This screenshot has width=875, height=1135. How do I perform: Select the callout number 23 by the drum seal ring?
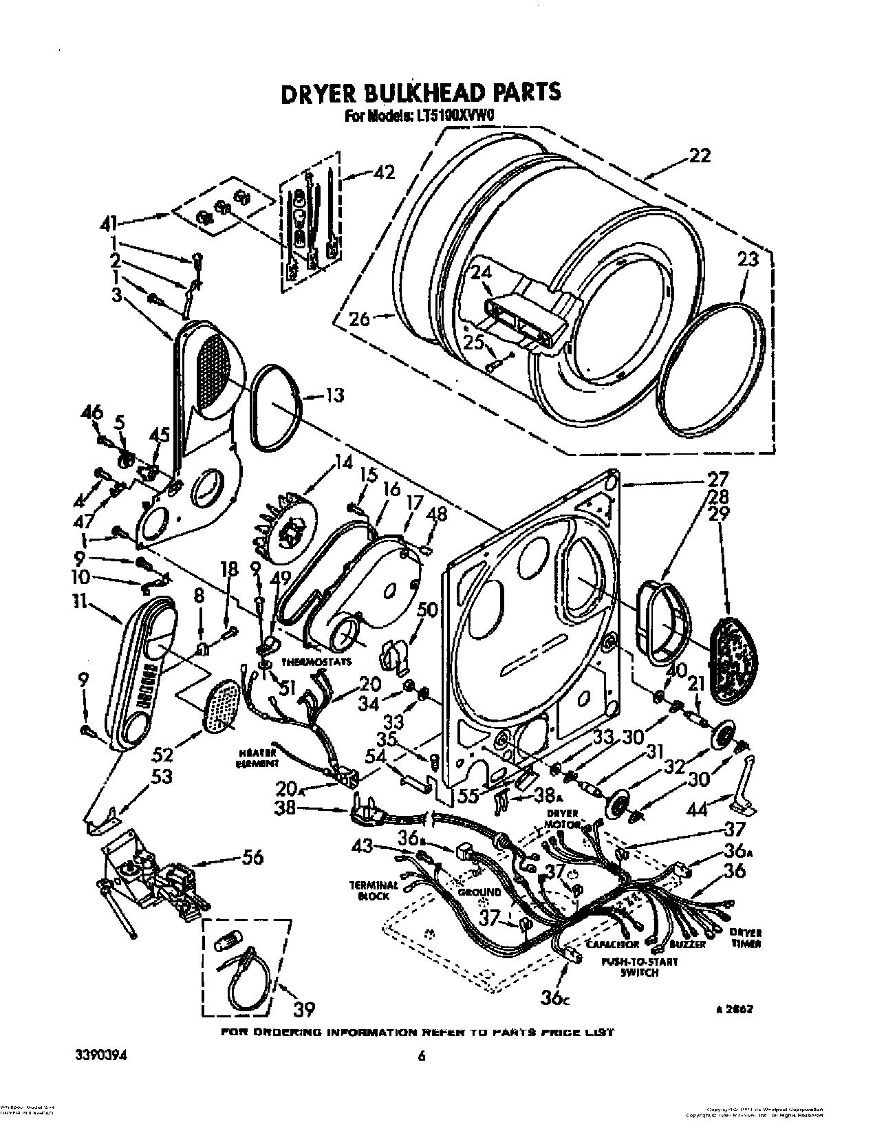click(747, 259)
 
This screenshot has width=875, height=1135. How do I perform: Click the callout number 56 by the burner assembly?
click(253, 857)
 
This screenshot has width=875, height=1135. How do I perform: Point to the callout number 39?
click(304, 1008)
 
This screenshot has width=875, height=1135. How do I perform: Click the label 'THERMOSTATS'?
click(316, 662)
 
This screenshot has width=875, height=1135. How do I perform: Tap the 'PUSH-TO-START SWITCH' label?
click(639, 967)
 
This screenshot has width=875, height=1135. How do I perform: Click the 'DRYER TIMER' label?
click(745, 938)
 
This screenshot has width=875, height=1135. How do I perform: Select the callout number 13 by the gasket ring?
click(334, 396)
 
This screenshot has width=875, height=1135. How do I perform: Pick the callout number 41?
click(110, 222)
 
